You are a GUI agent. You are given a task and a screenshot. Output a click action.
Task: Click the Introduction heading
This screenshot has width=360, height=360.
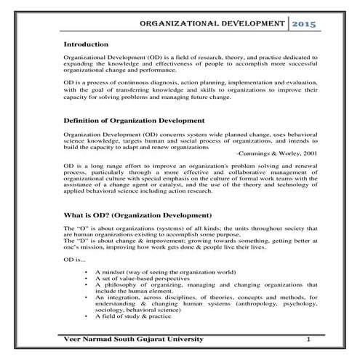tap(87, 45)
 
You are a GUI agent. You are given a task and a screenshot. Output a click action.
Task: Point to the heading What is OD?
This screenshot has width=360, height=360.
tap(138, 216)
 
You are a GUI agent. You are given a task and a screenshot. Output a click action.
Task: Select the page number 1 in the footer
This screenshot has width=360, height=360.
tap(308, 340)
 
